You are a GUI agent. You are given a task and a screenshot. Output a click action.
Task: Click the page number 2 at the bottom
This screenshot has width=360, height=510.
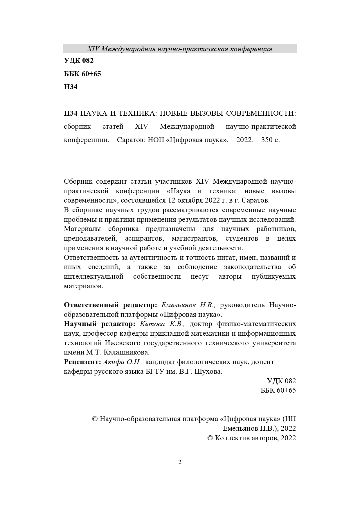coord(180,462)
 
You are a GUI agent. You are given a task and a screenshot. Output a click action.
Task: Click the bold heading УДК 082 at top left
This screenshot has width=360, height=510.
coord(79,61)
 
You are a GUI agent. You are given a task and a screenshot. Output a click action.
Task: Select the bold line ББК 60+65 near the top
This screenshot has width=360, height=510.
coord(82,74)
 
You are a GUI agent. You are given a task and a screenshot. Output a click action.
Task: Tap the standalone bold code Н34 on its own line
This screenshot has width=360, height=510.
coord(71,87)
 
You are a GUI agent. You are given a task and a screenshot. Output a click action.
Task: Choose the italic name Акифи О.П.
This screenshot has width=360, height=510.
coord(123,362)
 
